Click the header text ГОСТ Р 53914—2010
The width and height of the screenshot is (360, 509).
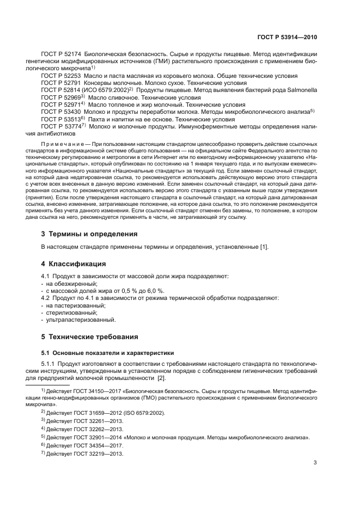(x=287, y=38)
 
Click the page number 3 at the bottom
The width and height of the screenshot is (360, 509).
(x=315, y=463)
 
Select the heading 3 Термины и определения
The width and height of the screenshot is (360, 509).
(x=90, y=234)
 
